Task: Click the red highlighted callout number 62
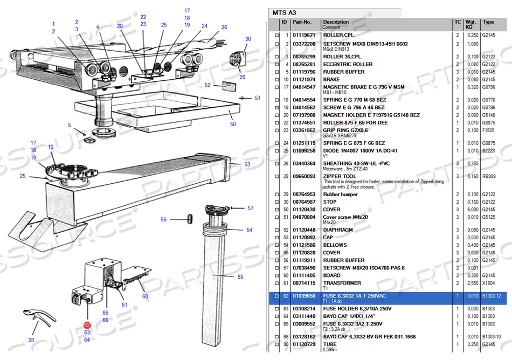point(87,325)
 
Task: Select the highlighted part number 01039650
point(304,296)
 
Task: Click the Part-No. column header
point(302,22)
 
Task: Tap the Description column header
point(336,22)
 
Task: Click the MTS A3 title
point(285,12)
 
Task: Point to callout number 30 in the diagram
point(248,39)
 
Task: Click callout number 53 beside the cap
point(247,164)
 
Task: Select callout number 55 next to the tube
point(240,277)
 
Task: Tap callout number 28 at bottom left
point(31,340)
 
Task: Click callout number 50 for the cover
point(233,124)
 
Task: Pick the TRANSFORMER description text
point(342,283)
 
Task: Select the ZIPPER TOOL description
point(340,176)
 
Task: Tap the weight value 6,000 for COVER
point(472,210)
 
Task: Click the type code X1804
point(488,283)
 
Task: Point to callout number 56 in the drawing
point(164,219)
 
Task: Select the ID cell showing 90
point(286,344)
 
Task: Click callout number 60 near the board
point(145,296)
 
